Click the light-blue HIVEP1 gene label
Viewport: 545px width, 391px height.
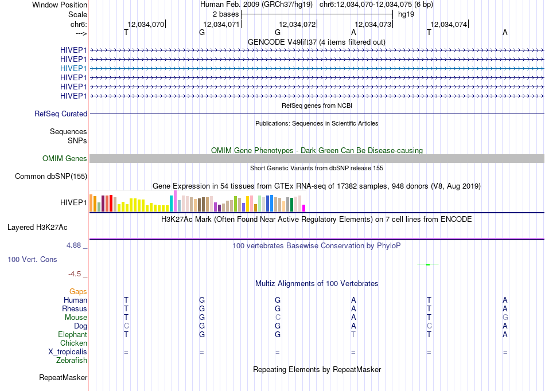pos(73,68)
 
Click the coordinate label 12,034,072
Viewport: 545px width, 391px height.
pos(297,24)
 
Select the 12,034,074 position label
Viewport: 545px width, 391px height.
pos(449,24)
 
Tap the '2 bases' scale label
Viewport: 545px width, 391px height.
pos(226,14)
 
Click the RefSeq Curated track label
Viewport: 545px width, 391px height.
pos(61,114)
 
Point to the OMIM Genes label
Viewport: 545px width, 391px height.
pos(65,159)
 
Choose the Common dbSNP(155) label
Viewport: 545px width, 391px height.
pos(51,177)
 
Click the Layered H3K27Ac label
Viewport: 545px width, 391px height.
pos(37,228)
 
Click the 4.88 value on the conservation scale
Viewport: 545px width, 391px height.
pos(73,245)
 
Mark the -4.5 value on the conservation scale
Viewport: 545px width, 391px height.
pos(75,274)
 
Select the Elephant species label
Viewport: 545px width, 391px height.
pos(72,334)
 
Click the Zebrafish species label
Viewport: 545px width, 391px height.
pos(72,361)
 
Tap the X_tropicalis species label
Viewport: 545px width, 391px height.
pos(68,352)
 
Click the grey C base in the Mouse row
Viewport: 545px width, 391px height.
pos(278,318)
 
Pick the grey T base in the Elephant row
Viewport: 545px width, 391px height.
pos(353,334)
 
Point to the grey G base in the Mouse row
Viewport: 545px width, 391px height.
pos(505,318)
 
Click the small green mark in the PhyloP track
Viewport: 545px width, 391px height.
pos(428,265)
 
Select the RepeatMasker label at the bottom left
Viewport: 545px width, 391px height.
pos(63,377)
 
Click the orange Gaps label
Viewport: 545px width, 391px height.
pos(78,292)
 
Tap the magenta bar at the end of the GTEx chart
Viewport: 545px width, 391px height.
pos(304,208)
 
